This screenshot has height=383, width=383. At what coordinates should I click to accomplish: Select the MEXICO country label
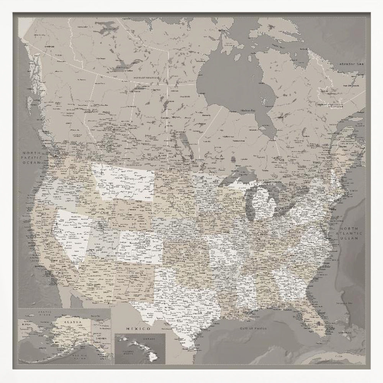(x=137, y=329)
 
